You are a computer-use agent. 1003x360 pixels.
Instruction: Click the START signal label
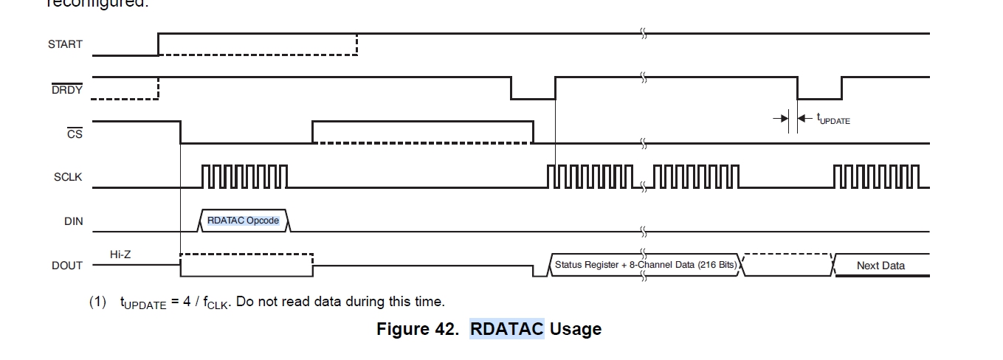[x=65, y=44]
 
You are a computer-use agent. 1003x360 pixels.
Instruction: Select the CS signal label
[x=75, y=134]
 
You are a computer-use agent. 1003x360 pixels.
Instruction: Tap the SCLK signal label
[x=68, y=177]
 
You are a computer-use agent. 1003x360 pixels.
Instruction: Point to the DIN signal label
[x=74, y=221]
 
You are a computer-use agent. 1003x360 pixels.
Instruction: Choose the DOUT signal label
[x=67, y=266]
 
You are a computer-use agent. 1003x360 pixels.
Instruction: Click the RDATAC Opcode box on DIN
[x=244, y=221]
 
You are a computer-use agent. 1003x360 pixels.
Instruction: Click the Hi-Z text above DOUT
[x=120, y=255]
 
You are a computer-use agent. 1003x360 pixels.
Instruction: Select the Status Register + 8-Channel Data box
[x=646, y=265]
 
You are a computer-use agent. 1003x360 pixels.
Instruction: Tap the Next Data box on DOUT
[x=880, y=266]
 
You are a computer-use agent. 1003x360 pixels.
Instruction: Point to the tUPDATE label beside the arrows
[x=833, y=119]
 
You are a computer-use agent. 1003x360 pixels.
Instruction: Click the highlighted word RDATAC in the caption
[x=506, y=328]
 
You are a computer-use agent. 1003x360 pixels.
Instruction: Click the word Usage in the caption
[x=576, y=328]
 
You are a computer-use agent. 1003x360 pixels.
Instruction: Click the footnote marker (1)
[x=98, y=302]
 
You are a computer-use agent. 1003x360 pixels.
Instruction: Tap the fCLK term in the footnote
[x=216, y=302]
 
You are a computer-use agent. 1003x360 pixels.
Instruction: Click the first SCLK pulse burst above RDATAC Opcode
[x=244, y=177]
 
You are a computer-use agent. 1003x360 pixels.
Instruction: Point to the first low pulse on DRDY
[x=532, y=89]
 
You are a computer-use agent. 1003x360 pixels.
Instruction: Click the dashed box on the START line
[x=258, y=44]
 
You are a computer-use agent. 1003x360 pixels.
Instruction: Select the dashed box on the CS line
[x=422, y=132]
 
